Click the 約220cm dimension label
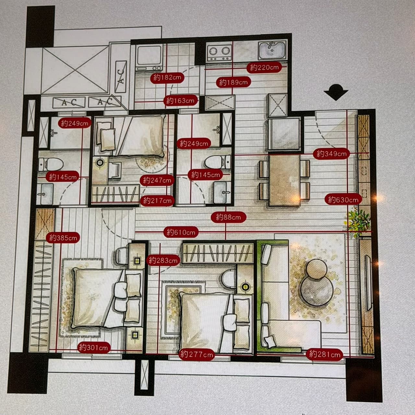click(x=264, y=68)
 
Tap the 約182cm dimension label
click(x=167, y=77)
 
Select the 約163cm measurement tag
click(x=181, y=101)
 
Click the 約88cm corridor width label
click(x=228, y=217)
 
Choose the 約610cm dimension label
click(x=181, y=232)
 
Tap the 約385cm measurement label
click(x=63, y=238)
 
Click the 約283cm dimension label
click(x=163, y=261)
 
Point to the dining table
click(x=284, y=181)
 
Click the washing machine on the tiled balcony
click(x=149, y=58)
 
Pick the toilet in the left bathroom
click(x=51, y=165)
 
